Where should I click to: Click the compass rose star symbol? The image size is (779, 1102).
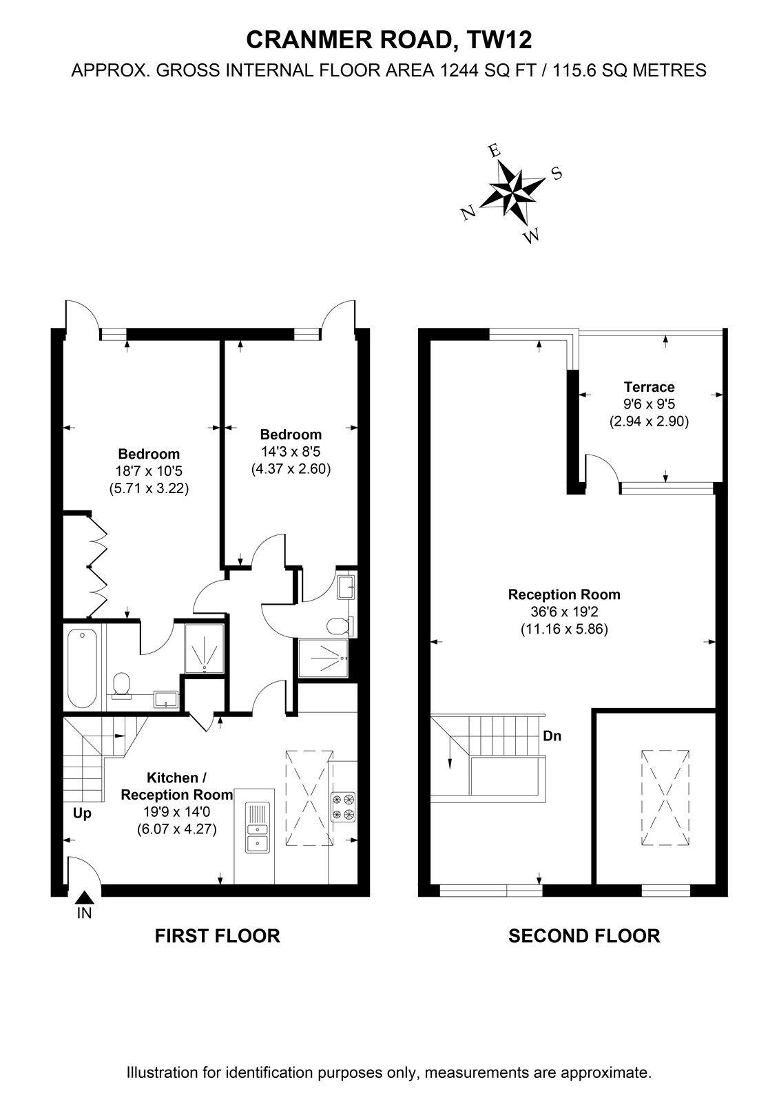512,190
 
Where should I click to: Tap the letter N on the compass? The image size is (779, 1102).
468,212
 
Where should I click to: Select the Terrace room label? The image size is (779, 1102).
649,386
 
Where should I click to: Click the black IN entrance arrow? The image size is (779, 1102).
84,897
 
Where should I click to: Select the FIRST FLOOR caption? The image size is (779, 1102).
218,949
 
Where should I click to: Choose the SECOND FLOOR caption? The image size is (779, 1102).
584,949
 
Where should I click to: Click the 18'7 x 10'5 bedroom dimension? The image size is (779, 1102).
149,471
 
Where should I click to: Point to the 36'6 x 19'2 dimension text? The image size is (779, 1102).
564,612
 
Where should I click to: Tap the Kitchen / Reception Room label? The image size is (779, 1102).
176,786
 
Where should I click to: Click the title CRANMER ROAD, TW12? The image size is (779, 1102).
389,41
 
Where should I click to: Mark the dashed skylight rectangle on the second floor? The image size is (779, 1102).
665,798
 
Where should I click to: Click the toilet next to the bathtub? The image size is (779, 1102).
121,685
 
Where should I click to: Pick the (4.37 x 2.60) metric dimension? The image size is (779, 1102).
291,468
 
